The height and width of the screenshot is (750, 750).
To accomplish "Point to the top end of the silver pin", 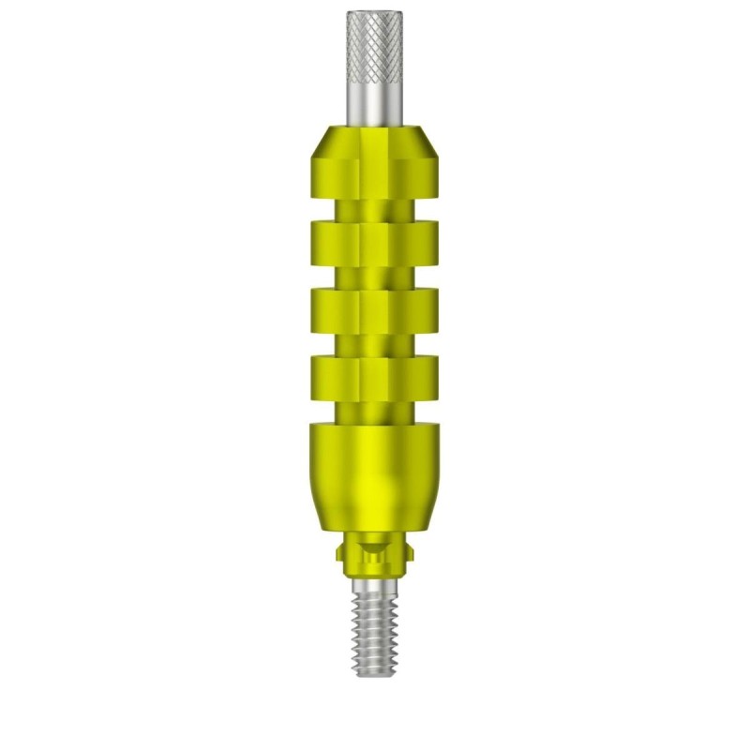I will coord(374,12).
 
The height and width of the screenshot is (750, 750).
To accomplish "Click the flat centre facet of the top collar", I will coord(374,169).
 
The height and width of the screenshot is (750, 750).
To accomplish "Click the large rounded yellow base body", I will coord(374,478).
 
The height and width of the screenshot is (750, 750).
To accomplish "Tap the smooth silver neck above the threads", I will coord(374,581).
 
